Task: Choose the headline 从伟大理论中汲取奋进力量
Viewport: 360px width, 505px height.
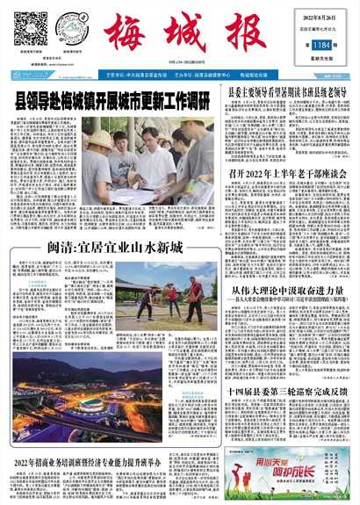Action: tap(285, 290)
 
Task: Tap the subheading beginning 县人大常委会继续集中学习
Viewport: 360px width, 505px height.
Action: tap(286, 303)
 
